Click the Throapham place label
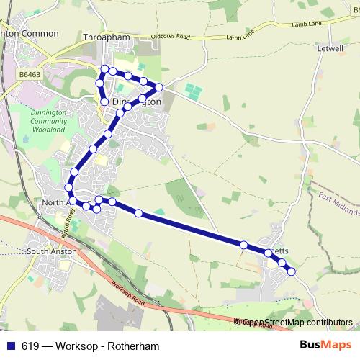click(106, 36)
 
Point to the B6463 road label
click(30, 74)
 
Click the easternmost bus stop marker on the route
click(292, 271)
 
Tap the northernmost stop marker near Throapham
click(104, 69)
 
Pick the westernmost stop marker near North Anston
click(69, 188)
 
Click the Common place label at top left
click(29, 33)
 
